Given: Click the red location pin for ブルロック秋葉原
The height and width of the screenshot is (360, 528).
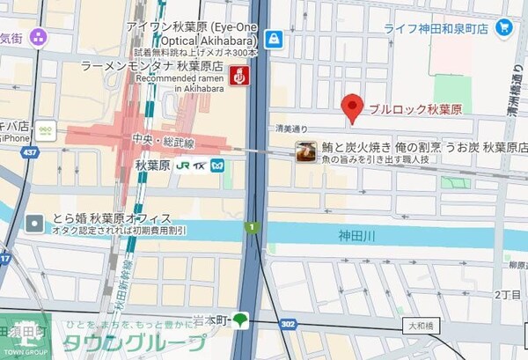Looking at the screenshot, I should click(352, 107).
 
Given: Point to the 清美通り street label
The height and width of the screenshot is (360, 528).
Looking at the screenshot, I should click(291, 129).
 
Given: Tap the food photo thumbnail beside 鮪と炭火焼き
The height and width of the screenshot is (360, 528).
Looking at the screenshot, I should click(305, 151).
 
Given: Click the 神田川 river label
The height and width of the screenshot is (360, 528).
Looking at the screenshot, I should click(356, 236).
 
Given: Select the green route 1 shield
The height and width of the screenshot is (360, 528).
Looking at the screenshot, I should click(252, 228).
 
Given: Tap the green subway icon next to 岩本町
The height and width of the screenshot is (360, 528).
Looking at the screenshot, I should click(240, 319).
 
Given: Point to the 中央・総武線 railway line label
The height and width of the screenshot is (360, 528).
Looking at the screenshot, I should click(164, 142).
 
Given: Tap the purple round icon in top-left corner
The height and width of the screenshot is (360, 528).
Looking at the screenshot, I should click(37, 37).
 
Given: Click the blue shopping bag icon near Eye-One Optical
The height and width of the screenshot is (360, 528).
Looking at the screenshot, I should click(274, 40).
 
